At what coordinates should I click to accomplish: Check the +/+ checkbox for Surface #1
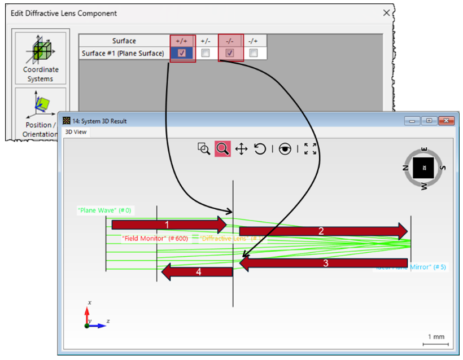(182, 53)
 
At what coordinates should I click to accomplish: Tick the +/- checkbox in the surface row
(206, 53)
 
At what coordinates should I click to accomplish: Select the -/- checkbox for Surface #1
(230, 53)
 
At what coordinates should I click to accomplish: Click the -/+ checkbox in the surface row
(254, 53)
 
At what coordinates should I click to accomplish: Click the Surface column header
(124, 41)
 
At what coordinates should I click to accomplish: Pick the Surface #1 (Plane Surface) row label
(124, 53)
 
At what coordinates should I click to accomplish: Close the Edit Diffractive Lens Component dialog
(386, 12)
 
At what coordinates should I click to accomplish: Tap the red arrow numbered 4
(197, 272)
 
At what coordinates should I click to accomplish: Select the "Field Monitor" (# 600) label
(155, 239)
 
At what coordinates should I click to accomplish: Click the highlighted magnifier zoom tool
(222, 149)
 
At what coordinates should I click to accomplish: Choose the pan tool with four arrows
(241, 149)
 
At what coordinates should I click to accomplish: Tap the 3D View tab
(76, 131)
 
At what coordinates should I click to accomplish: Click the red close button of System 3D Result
(446, 121)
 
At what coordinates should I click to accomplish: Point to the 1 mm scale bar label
(436, 337)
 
